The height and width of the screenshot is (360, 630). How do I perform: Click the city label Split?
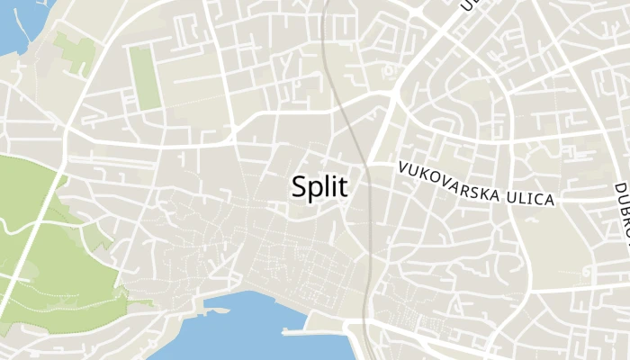point(319,186)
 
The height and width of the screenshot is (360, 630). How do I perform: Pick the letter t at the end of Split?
point(343,186)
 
